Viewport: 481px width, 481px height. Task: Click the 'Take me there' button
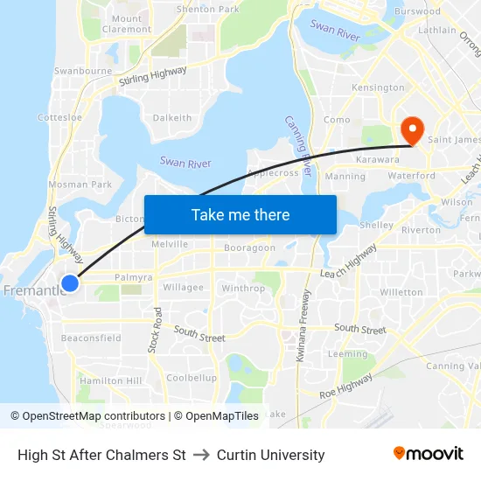click(240, 214)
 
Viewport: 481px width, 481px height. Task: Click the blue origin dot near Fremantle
click(70, 282)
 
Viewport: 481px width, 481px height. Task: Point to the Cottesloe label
click(59, 117)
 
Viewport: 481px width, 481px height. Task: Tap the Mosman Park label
click(80, 185)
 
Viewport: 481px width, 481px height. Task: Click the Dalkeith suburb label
click(171, 118)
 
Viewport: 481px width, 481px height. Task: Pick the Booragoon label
click(249, 247)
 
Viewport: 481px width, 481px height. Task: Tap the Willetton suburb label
click(401, 292)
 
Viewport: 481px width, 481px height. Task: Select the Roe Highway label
click(345, 386)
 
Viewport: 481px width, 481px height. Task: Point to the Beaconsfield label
click(91, 338)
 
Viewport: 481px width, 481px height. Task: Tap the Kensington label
click(378, 87)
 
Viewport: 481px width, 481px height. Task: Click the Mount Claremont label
click(127, 24)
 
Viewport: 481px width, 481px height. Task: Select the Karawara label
click(378, 160)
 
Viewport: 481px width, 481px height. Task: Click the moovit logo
click(428, 453)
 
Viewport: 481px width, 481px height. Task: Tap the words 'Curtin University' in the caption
click(270, 455)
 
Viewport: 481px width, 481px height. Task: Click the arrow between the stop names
click(201, 455)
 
